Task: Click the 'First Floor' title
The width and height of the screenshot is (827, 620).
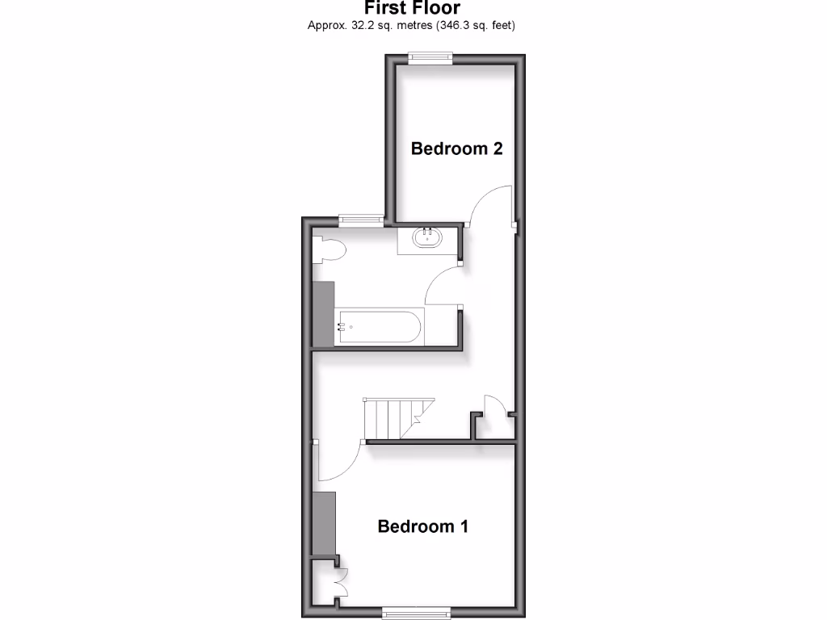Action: [x=412, y=8]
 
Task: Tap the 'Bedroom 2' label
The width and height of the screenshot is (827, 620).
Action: [x=456, y=149]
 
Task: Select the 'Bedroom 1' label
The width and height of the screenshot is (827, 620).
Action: [x=422, y=526]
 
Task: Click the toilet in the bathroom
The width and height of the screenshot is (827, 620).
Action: [x=330, y=250]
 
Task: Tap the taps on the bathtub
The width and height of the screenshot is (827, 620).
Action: [x=342, y=327]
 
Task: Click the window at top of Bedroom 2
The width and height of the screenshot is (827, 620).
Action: [x=430, y=56]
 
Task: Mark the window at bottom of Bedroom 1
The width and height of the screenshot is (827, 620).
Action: [x=416, y=610]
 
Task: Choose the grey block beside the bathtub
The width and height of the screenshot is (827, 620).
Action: [x=324, y=315]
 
